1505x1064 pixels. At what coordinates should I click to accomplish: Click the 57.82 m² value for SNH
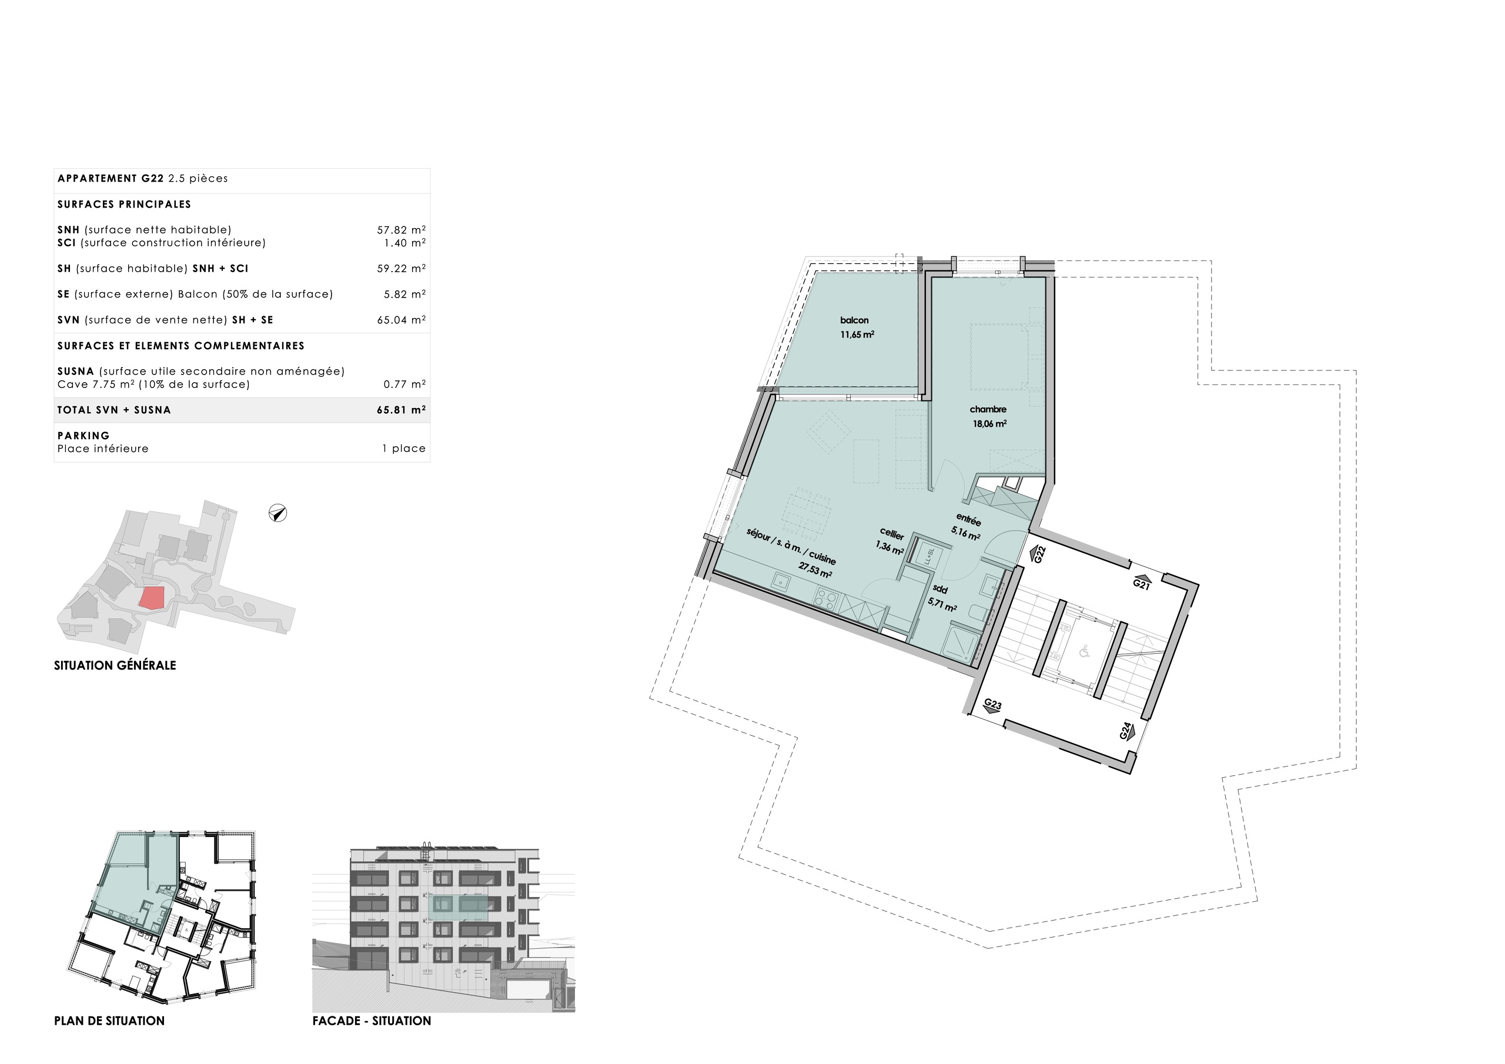pyautogui.click(x=401, y=229)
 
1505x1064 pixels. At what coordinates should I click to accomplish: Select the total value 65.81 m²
pyautogui.click(x=401, y=410)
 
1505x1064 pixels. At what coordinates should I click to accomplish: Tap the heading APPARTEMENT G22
pyautogui.click(x=110, y=178)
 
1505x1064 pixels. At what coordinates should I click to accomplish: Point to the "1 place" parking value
pyautogui.click(x=404, y=449)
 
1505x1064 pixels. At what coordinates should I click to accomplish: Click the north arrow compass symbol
pyautogui.click(x=278, y=513)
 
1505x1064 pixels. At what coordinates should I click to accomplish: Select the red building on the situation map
pyautogui.click(x=152, y=598)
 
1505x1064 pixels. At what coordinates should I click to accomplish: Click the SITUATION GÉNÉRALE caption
pyautogui.click(x=115, y=665)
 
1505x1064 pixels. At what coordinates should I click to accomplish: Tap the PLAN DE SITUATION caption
pyautogui.click(x=109, y=1020)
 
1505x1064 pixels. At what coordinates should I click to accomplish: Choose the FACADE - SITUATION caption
pyautogui.click(x=372, y=1020)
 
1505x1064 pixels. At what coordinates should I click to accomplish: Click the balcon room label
pyautogui.click(x=854, y=320)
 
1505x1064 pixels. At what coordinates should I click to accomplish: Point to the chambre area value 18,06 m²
pyautogui.click(x=989, y=423)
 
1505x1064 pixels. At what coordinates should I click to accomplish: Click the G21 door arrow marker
pyautogui.click(x=1142, y=584)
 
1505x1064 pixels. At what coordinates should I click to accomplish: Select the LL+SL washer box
pyautogui.click(x=929, y=556)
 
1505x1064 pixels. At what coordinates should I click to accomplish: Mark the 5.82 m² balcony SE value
pyautogui.click(x=404, y=295)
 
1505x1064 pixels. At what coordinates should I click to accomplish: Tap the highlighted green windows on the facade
pyautogui.click(x=459, y=905)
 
